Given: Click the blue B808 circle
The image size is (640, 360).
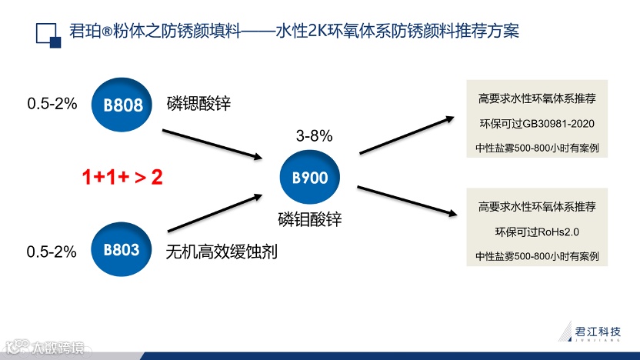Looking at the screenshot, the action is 122,104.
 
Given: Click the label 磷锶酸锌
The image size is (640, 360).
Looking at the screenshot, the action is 198,103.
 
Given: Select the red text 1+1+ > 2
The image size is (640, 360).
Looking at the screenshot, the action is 123,177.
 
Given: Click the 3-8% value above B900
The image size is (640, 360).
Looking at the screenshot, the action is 314,136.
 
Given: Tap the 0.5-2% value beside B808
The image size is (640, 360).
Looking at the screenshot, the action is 52,103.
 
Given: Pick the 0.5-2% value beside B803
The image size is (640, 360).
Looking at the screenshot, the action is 52,251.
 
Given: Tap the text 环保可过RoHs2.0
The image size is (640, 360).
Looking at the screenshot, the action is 537,232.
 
